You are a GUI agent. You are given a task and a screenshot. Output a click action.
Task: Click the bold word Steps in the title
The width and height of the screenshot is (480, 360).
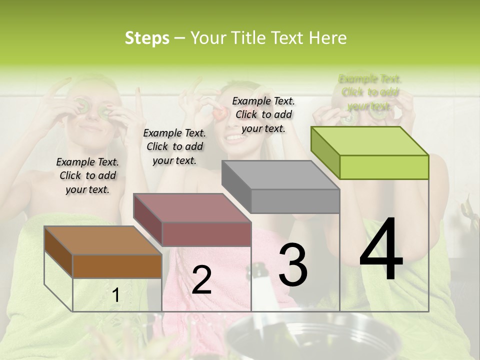pyautogui.click(x=147, y=38)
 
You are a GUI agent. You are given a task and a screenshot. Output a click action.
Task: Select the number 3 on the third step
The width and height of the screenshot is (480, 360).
pyautogui.click(x=293, y=264)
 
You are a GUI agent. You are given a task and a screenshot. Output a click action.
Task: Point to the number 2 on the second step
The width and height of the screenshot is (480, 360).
pyautogui.click(x=201, y=280)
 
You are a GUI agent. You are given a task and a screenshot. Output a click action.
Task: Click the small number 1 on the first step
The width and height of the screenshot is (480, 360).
pyautogui.click(x=115, y=295)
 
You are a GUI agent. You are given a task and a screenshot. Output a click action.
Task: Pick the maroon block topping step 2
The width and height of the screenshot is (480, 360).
pyautogui.click(x=192, y=220)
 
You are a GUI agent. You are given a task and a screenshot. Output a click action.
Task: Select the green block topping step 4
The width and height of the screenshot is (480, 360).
pyautogui.click(x=370, y=152)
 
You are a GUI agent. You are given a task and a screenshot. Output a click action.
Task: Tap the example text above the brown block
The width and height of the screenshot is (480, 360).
pyautogui.click(x=87, y=175)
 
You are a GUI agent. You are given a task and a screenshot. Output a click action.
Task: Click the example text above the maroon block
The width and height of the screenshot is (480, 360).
pyautogui.click(x=174, y=146)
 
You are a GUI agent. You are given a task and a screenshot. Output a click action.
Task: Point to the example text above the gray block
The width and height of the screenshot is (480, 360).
pyautogui.click(x=263, y=114)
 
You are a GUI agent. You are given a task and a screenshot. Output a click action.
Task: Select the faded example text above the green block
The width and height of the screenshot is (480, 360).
pyautogui.click(x=370, y=92)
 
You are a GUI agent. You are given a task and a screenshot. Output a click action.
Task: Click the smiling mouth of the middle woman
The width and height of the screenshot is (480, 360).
pyautogui.click(x=234, y=136)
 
